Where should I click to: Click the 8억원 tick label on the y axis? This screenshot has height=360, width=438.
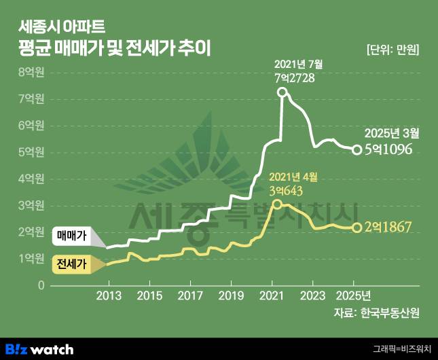tap(31, 72)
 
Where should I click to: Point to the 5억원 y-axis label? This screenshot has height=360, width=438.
tap(31, 152)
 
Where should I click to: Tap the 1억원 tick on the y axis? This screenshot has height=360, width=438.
tap(31, 259)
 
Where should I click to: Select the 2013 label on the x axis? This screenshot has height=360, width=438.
tap(108, 295)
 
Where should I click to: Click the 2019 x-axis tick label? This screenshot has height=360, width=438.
tap(231, 295)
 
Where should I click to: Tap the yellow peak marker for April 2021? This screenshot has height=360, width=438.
tap(276, 204)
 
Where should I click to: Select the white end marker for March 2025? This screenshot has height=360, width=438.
tap(357, 149)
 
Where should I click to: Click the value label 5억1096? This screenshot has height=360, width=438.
tap(388, 149)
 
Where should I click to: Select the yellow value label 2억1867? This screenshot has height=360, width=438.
tap(388, 227)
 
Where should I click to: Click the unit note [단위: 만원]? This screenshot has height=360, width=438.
tap(392, 49)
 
